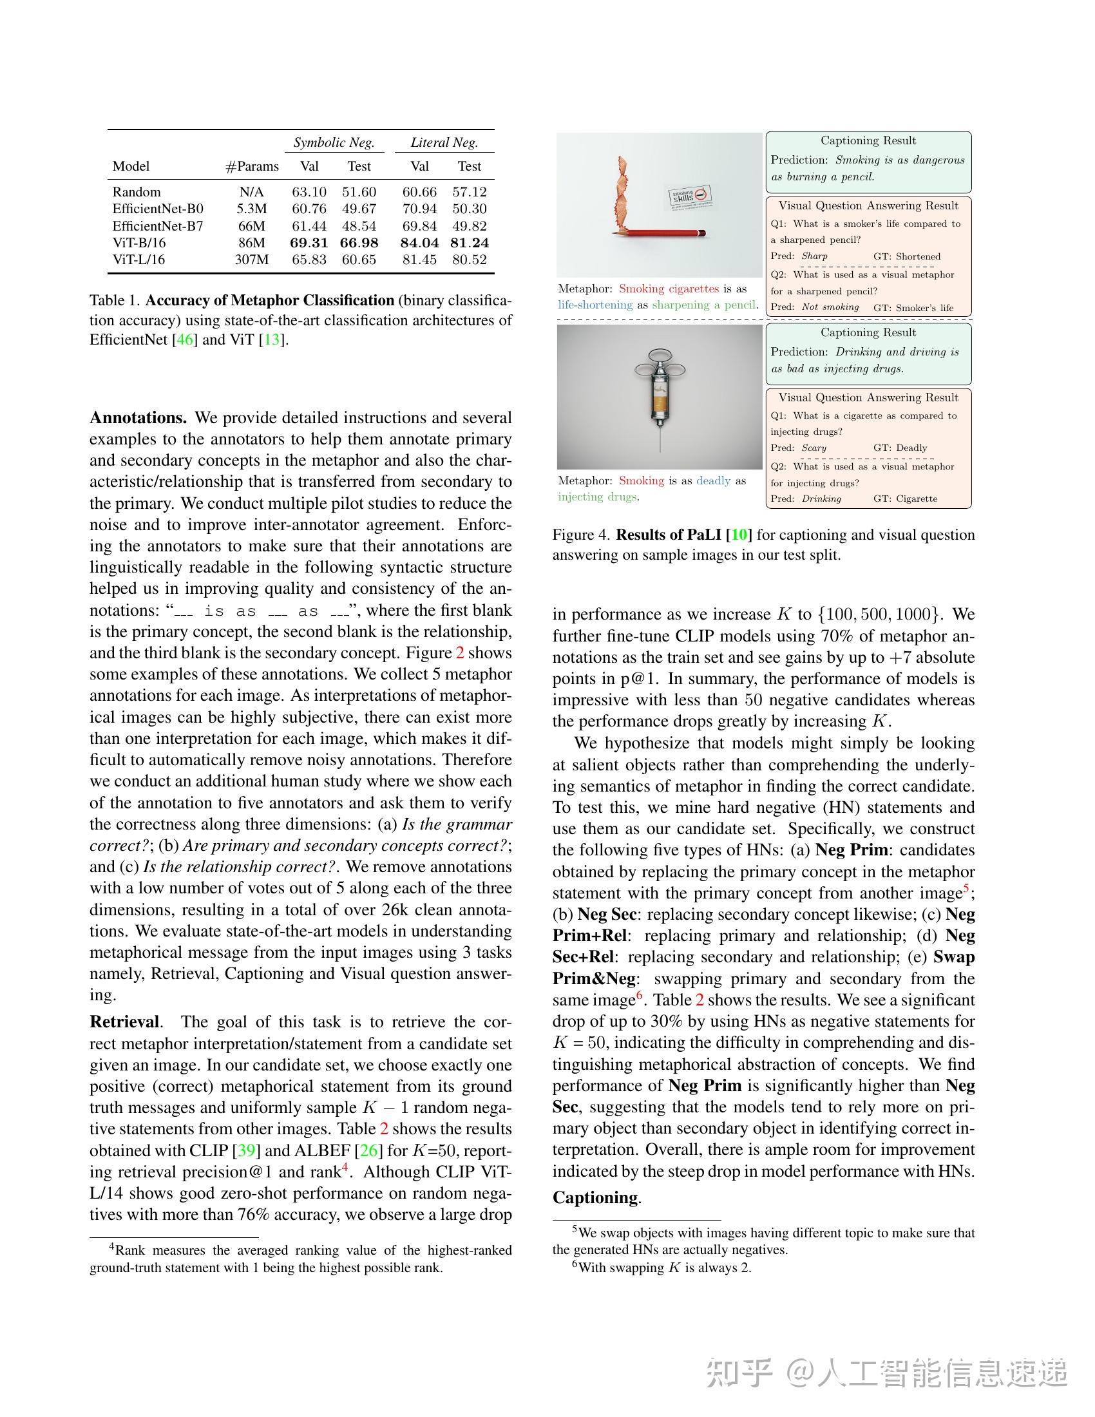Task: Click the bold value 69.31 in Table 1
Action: coord(309,243)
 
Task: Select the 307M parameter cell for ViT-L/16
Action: coord(251,260)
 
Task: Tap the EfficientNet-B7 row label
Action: coord(158,226)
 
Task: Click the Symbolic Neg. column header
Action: coord(334,142)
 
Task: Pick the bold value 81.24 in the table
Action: coord(469,243)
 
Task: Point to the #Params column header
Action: coord(252,166)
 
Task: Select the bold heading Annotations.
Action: coord(138,417)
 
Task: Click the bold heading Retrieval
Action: coord(124,1022)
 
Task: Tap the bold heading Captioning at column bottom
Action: coord(596,1197)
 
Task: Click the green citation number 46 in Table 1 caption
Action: coord(185,339)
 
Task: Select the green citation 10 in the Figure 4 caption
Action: coord(739,535)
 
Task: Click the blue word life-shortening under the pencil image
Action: coord(595,305)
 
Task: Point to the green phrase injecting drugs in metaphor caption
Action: coord(597,497)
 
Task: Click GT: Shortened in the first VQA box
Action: coord(906,256)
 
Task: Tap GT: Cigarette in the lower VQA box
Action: coord(905,499)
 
